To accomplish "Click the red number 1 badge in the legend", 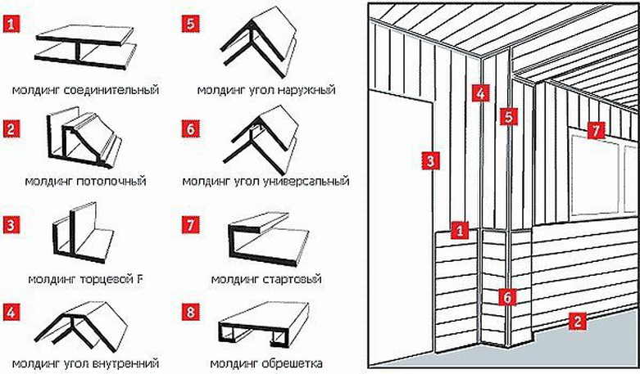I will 12,25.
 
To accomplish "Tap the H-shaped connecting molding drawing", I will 84,48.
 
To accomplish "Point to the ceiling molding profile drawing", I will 84,144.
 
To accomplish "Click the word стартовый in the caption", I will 291,279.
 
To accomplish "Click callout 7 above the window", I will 596,130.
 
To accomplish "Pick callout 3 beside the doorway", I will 429,160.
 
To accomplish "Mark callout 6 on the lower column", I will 507,298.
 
